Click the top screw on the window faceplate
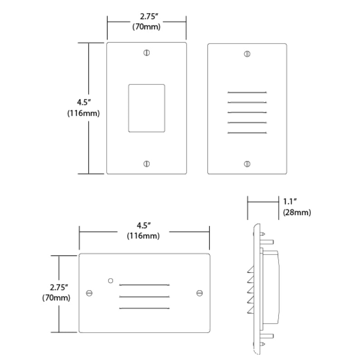pos(146,53)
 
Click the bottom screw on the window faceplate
pos(146,163)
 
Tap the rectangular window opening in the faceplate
pos(146,108)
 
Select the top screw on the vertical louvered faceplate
pos(247,54)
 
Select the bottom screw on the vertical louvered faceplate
pos(247,163)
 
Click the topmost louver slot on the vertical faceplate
pos(247,93)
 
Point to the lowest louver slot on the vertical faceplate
pos(247,132)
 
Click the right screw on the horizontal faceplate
pos(200,293)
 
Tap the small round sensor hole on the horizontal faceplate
pos(110,280)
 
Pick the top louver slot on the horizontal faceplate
pos(144,285)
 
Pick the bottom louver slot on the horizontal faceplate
pos(144,309)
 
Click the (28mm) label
pos(296,212)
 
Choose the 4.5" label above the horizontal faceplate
pos(144,226)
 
